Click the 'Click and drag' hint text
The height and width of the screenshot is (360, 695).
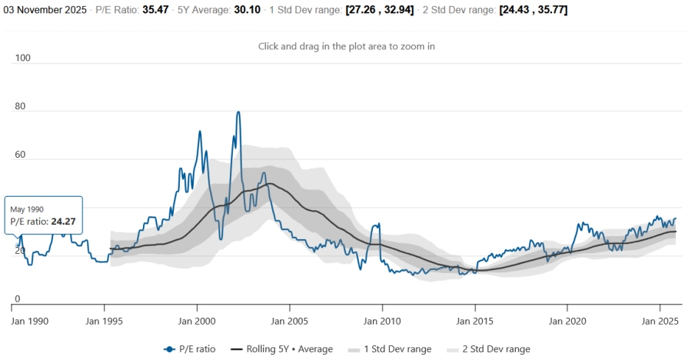coord(347,46)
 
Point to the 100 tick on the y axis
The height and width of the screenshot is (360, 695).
coord(23,58)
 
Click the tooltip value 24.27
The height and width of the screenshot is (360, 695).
coord(66,222)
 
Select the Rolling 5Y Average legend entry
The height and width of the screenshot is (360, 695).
coord(289,349)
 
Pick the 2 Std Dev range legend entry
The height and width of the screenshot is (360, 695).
coord(495,349)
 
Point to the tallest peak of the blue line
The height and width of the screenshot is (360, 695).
coord(238,112)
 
